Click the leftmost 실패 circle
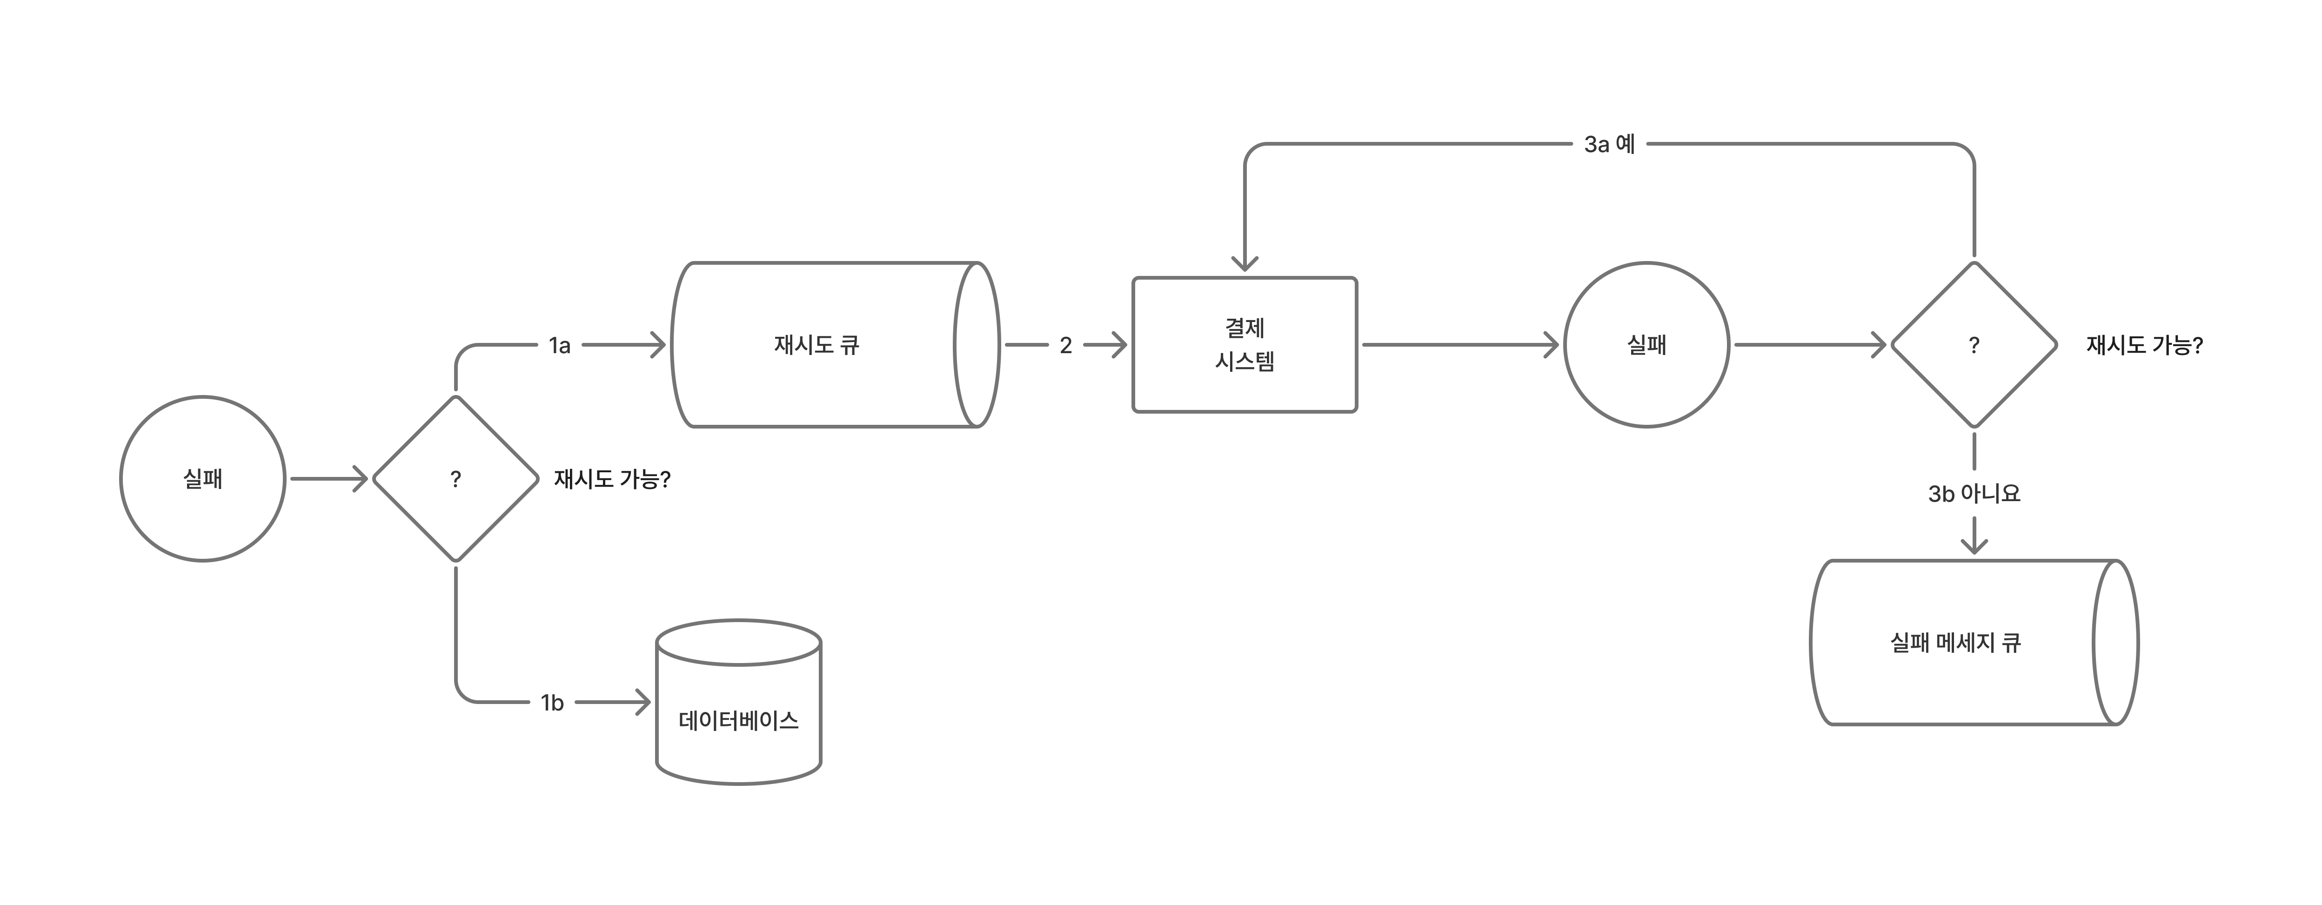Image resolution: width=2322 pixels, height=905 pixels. click(x=203, y=479)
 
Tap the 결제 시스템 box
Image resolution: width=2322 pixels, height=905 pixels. click(x=1245, y=344)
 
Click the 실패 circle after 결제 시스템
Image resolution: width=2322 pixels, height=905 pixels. click(x=1646, y=344)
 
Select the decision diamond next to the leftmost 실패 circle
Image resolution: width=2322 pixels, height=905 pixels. click(x=455, y=479)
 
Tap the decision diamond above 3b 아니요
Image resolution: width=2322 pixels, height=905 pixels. click(x=1974, y=344)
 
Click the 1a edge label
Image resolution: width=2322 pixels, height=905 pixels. click(x=560, y=345)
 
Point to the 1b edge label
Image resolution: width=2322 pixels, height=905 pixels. click(x=552, y=702)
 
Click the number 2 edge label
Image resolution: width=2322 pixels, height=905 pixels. click(x=1065, y=345)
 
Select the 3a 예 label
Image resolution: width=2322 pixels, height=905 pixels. click(x=1609, y=144)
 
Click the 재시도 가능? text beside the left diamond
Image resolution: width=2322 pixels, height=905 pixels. click(x=612, y=479)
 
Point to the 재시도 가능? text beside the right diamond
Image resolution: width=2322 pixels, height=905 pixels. click(x=2144, y=345)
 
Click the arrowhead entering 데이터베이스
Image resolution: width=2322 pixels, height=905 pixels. click(x=642, y=702)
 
